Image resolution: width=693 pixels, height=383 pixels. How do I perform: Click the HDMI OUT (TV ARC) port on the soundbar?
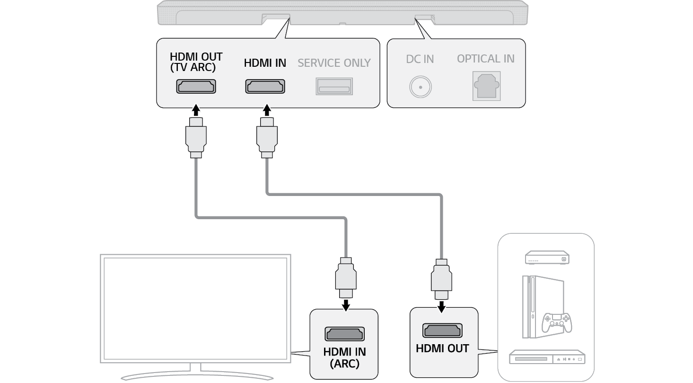pos(196,86)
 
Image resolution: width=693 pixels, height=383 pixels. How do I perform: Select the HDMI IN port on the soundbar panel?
pos(265,86)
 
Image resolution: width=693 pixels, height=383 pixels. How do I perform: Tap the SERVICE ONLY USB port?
pos(334,86)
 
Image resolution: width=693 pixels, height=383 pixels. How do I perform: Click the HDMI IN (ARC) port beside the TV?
pos(344,333)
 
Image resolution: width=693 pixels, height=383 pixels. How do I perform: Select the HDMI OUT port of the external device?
pos(442,330)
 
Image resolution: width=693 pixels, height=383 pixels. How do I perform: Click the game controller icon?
pos(557,322)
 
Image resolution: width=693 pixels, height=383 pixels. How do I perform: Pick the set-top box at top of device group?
pos(547,258)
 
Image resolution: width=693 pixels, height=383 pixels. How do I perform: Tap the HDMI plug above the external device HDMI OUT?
pos(441,279)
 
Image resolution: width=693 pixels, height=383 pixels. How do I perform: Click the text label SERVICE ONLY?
pos(334,63)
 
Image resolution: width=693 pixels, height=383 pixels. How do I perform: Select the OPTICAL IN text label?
pos(485,59)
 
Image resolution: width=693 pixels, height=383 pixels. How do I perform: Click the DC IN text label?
pos(420,59)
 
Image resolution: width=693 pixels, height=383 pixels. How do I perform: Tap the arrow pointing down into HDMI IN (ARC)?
pos(346,305)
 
